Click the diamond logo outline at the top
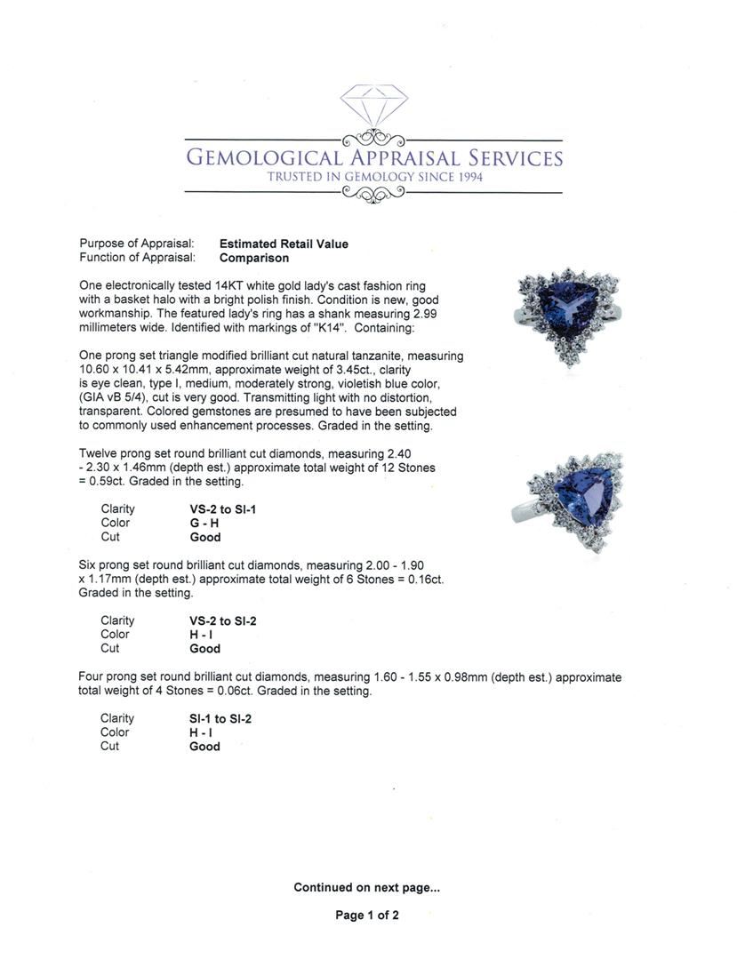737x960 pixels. pos(373,104)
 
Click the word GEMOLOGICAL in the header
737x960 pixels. pos(263,158)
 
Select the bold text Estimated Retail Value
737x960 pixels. pos(284,244)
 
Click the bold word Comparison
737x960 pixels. pos(254,258)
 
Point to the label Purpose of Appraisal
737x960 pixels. pos(137,244)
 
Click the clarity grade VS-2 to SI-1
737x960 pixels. pos(222,509)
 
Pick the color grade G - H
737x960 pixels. pos(204,524)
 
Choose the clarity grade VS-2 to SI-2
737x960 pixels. pos(223,620)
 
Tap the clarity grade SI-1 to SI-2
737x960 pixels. pos(220,718)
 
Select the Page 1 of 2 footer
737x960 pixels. pos(367,915)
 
